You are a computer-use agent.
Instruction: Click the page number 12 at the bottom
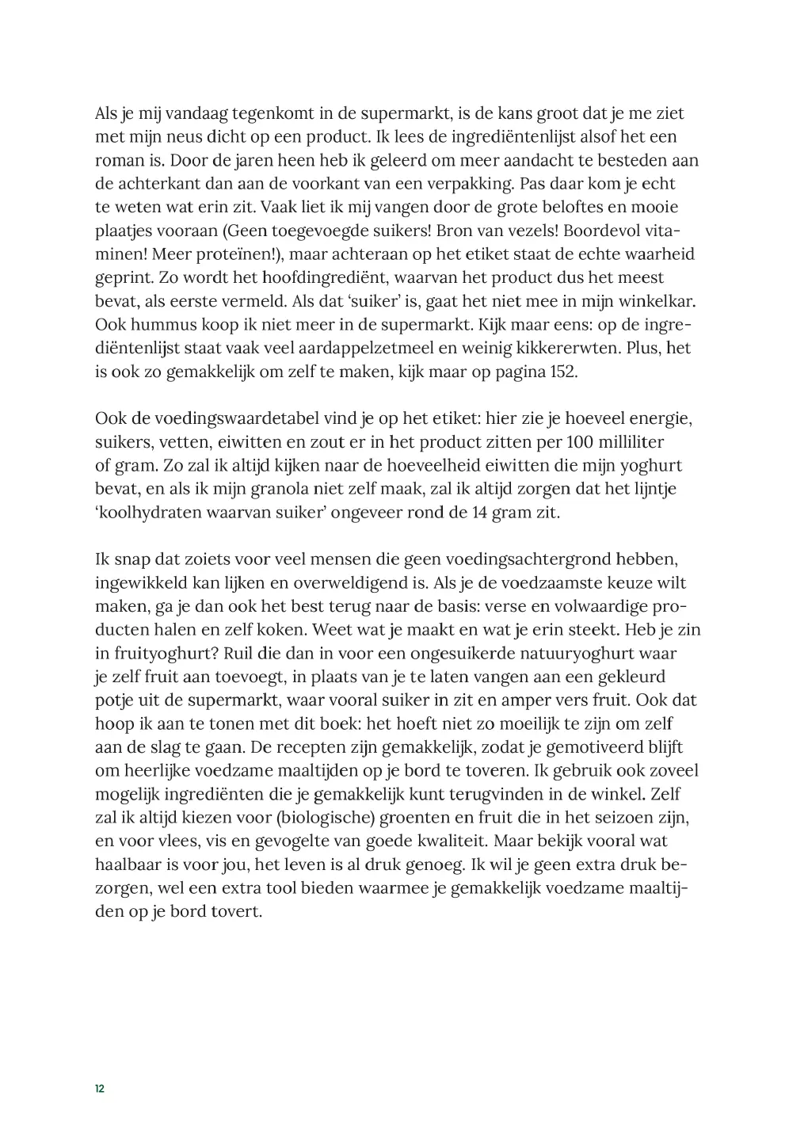[100, 1089]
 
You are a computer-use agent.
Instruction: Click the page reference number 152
[563, 372]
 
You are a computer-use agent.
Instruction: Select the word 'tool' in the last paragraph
[242, 888]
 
